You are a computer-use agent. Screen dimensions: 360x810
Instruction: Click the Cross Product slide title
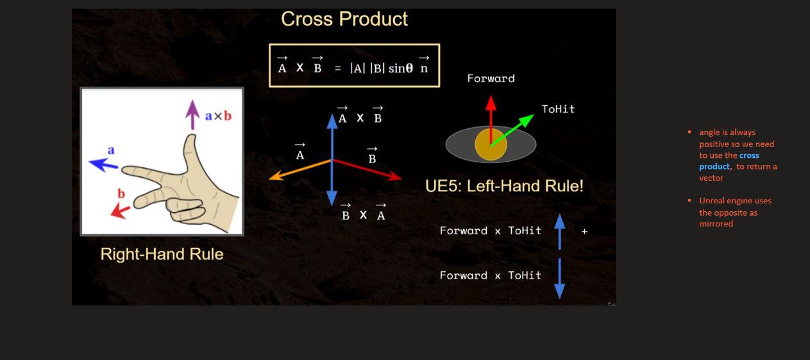344,19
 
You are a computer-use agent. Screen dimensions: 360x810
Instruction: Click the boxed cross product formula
354,66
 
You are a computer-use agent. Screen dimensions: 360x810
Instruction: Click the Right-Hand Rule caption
162,254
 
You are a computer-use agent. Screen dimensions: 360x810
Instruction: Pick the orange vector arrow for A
298,169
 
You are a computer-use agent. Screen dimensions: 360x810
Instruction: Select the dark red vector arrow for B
367,169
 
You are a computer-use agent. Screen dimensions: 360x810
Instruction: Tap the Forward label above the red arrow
491,78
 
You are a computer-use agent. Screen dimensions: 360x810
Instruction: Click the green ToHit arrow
513,130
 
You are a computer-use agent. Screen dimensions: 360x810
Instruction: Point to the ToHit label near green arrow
558,109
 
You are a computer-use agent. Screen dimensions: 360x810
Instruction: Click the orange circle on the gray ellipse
491,145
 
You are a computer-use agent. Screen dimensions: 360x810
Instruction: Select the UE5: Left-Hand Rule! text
504,187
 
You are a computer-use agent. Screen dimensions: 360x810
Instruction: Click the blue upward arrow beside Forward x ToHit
559,231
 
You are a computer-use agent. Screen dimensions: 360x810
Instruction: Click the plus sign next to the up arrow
584,231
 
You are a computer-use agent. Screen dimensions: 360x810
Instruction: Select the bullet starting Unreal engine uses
735,212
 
